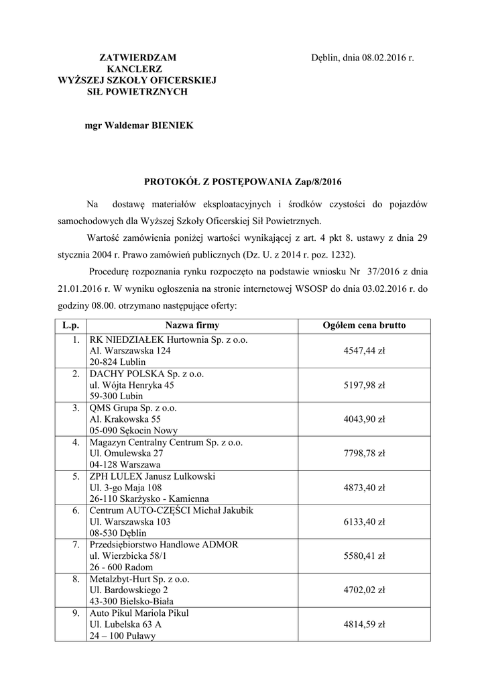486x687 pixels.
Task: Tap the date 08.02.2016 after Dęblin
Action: pyautogui.click(x=385, y=58)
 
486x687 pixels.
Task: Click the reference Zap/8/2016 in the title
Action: pyautogui.click(x=318, y=182)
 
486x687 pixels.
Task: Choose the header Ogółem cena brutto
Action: pyautogui.click(x=364, y=325)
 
